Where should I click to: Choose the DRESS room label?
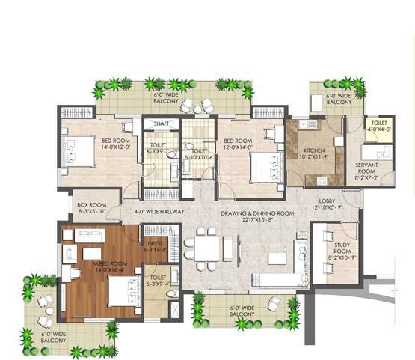[154, 243]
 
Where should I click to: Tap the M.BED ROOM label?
[87, 263]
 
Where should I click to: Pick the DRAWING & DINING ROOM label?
[257, 213]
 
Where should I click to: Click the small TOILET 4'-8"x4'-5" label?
[376, 123]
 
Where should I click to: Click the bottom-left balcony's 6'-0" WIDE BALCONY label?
[55, 337]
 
